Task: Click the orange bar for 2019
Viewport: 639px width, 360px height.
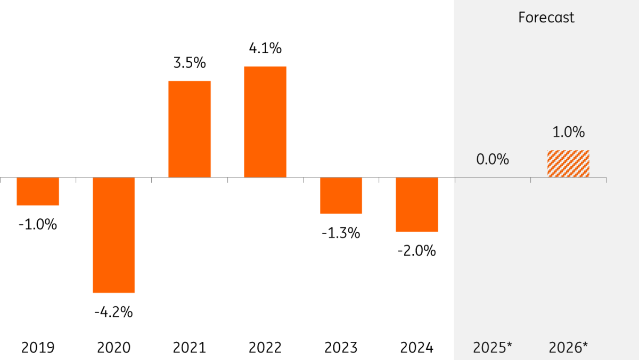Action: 38,191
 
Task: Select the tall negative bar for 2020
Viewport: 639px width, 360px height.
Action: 113,235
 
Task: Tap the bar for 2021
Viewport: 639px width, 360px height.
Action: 190,129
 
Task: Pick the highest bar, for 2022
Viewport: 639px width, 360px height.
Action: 265,122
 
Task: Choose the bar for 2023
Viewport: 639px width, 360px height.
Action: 341,195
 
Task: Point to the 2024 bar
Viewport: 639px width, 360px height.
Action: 417,204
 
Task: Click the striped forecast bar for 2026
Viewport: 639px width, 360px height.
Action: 568,164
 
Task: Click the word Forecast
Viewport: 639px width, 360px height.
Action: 546,18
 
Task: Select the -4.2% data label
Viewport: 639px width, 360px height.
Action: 113,312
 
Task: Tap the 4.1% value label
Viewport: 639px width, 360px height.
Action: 265,48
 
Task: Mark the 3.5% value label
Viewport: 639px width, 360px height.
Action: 190,63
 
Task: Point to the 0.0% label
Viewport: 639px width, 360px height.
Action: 493,159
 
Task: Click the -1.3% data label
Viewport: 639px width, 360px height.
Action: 341,233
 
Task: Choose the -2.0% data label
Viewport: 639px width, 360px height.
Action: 417,251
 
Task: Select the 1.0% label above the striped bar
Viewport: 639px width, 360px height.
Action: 568,132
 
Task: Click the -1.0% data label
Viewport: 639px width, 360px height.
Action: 38,225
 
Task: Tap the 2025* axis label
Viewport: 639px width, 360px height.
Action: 493,348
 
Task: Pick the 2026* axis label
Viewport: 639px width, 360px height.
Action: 568,348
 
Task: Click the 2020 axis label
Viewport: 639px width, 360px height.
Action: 113,348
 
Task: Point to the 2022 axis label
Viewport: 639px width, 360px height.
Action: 265,348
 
